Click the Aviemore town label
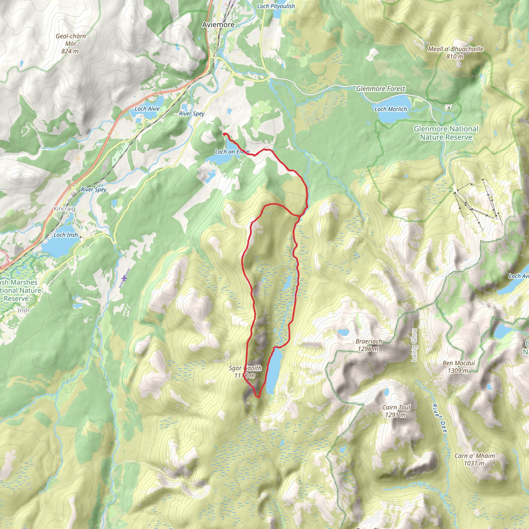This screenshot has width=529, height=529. pos(218,25)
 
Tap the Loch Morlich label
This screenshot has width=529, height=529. pos(391,109)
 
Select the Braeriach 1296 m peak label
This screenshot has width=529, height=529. pos(369,345)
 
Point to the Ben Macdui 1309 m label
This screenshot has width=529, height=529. pos(459,367)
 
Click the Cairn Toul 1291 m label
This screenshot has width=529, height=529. pos(396,411)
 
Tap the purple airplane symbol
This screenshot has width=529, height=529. pos(124,278)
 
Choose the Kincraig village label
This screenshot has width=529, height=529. pos(64,209)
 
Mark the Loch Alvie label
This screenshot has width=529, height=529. pos(147,109)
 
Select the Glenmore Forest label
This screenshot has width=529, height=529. pos(380,89)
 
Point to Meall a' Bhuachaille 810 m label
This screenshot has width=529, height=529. pos(455,53)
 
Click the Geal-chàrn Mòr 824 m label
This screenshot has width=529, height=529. pos(71,44)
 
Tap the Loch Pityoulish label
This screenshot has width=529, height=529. pos(276,6)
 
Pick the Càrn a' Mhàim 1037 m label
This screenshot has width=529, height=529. pos(474,460)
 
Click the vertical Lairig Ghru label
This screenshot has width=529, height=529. pos(414,345)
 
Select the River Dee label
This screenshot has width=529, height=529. pos(439,418)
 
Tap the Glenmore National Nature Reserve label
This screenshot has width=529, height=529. pos(446,133)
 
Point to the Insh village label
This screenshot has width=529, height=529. pos(23,310)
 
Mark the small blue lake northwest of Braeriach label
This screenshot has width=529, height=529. pos(343,332)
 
